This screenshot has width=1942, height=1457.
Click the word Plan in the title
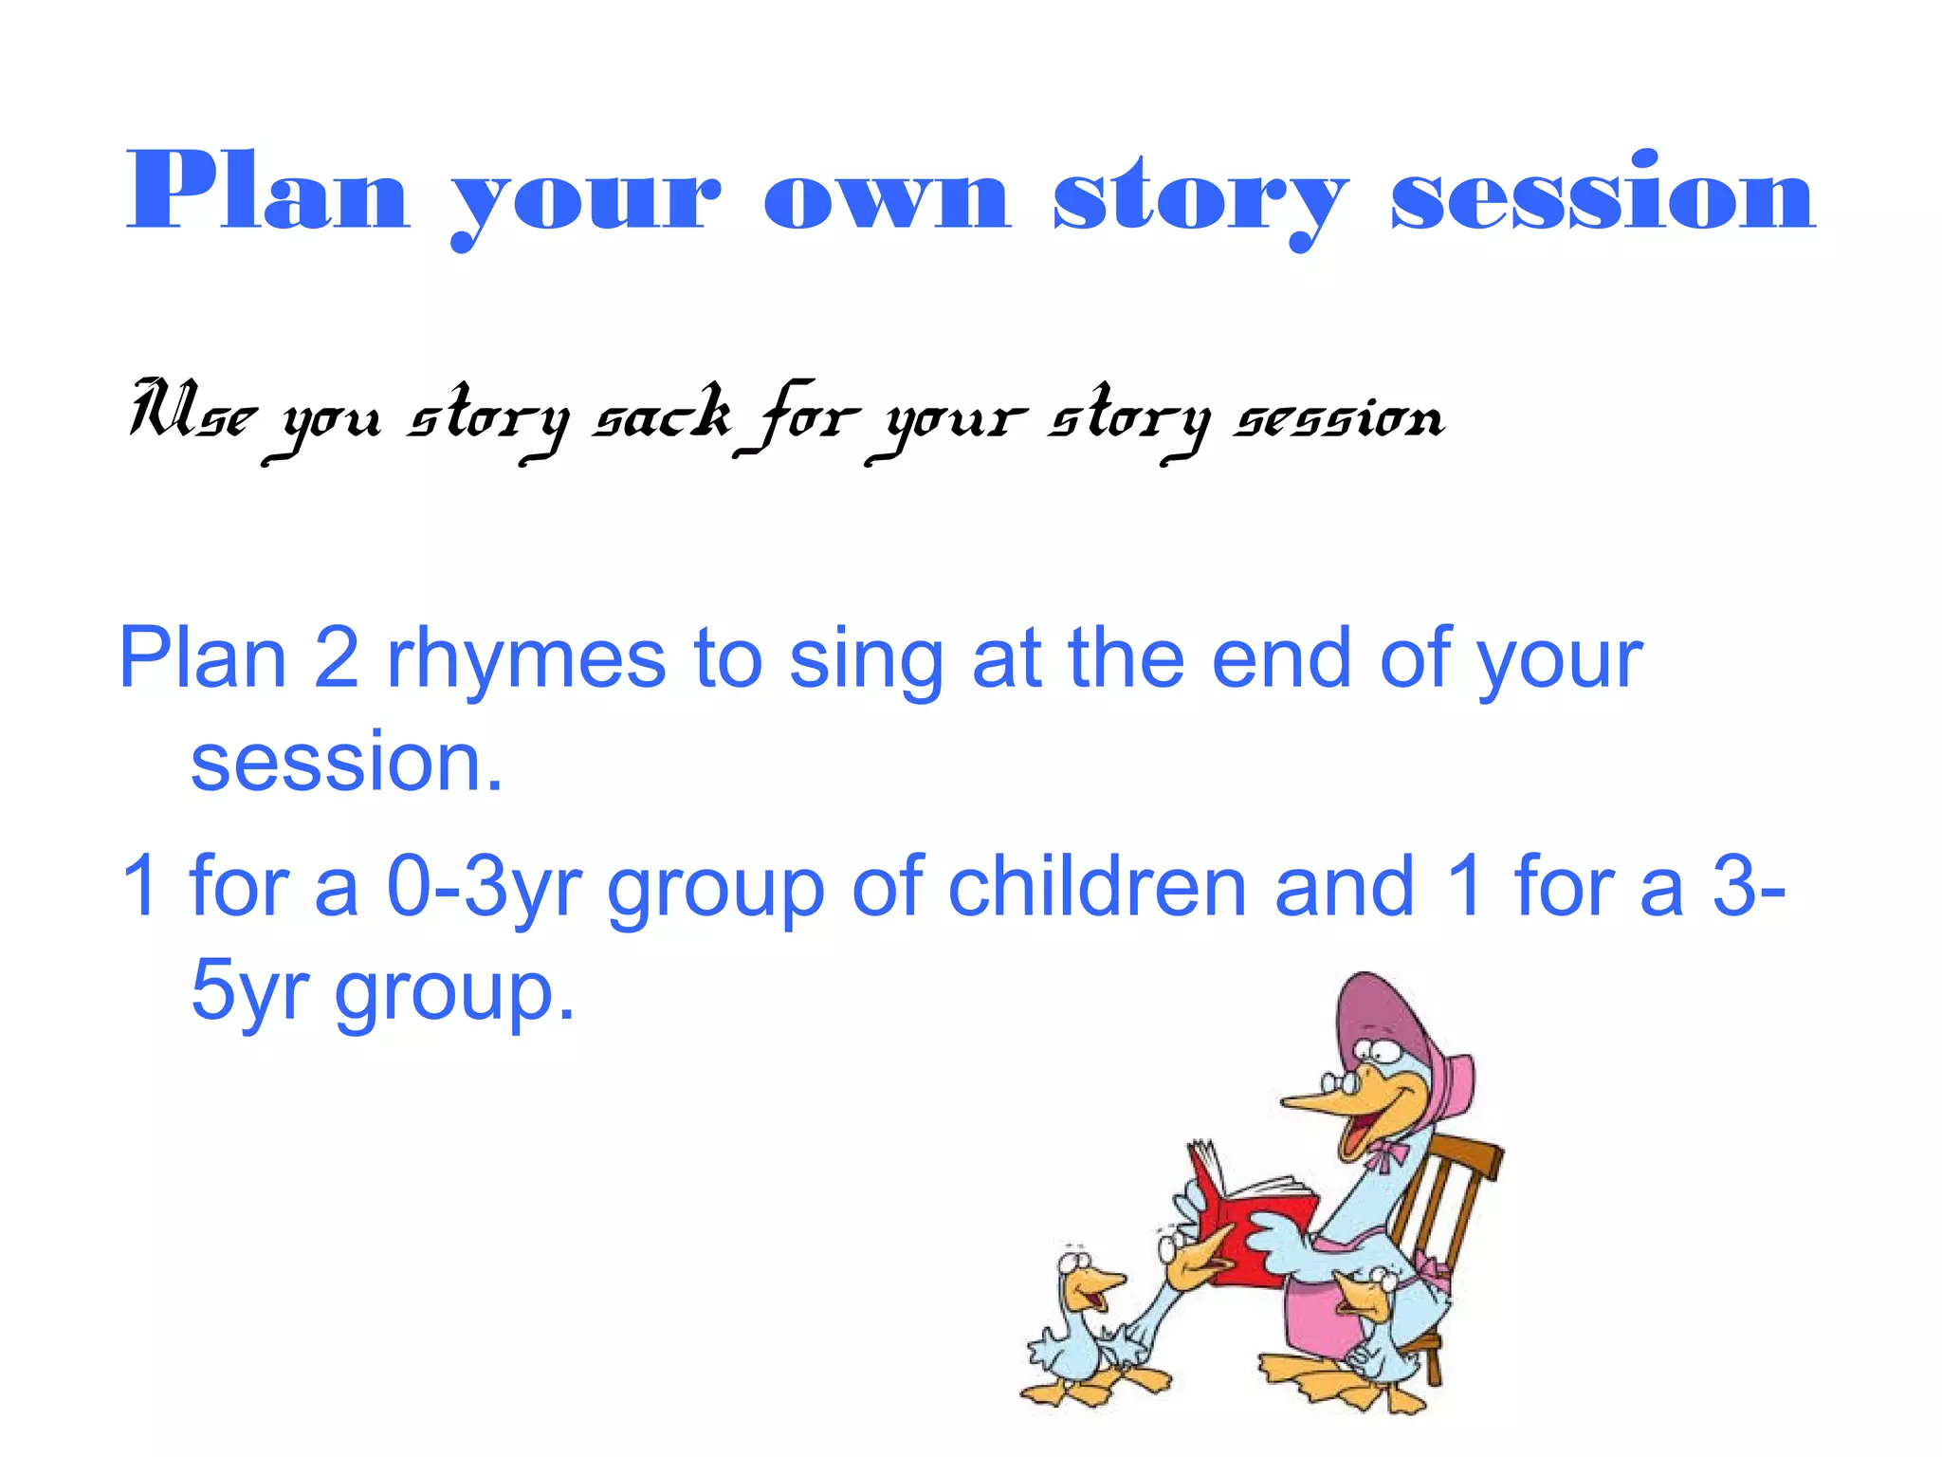tap(267, 193)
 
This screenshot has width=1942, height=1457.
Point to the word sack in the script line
tap(662, 415)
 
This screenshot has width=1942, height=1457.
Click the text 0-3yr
tap(484, 887)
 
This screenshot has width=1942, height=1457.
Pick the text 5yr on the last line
tap(248, 991)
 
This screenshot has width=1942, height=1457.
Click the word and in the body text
tap(1344, 885)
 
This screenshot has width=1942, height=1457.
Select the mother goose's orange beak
tap(1328, 1100)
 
